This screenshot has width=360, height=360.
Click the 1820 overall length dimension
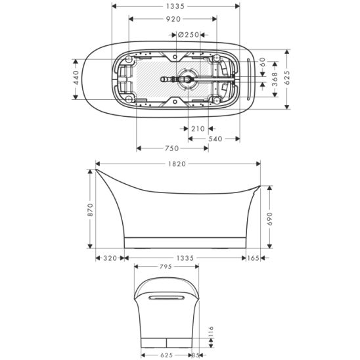coord(177,164)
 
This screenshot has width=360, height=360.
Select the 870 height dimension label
coord(91,210)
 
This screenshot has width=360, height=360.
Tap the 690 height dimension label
coord(270,219)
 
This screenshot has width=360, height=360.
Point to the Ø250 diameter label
coord(189,35)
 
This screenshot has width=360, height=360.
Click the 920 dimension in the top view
coord(173,19)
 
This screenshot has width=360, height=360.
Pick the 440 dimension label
coord(76,78)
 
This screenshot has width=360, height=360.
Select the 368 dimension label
coord(275,79)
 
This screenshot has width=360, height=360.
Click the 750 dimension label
coord(171,148)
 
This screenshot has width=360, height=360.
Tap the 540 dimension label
coord(215,139)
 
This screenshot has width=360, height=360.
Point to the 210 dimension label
coord(198,129)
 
